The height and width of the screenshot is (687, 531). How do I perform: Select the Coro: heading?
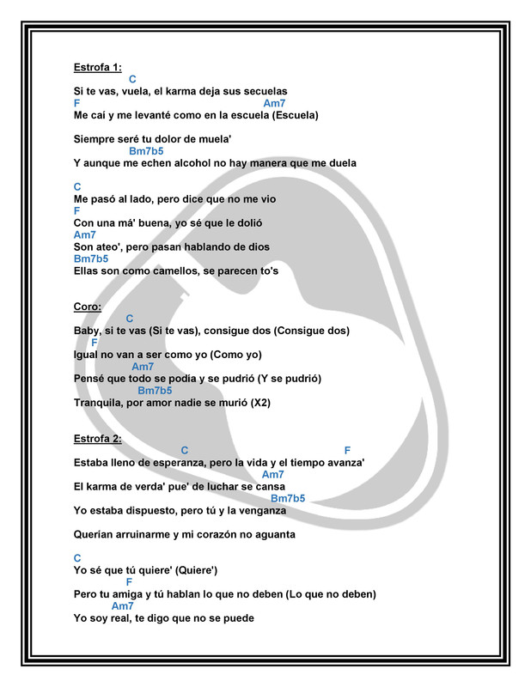[88, 307]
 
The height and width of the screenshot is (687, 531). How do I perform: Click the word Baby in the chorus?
[87, 331]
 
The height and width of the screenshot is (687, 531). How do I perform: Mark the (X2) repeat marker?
[259, 402]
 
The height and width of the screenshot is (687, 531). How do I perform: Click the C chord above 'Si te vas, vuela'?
[132, 79]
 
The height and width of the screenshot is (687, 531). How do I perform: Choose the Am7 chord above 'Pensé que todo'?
[143, 367]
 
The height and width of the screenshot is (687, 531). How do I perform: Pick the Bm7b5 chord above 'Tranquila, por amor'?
[155, 390]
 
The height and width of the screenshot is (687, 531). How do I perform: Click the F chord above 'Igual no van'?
[95, 342]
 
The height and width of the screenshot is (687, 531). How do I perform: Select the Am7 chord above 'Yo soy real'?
[123, 605]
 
